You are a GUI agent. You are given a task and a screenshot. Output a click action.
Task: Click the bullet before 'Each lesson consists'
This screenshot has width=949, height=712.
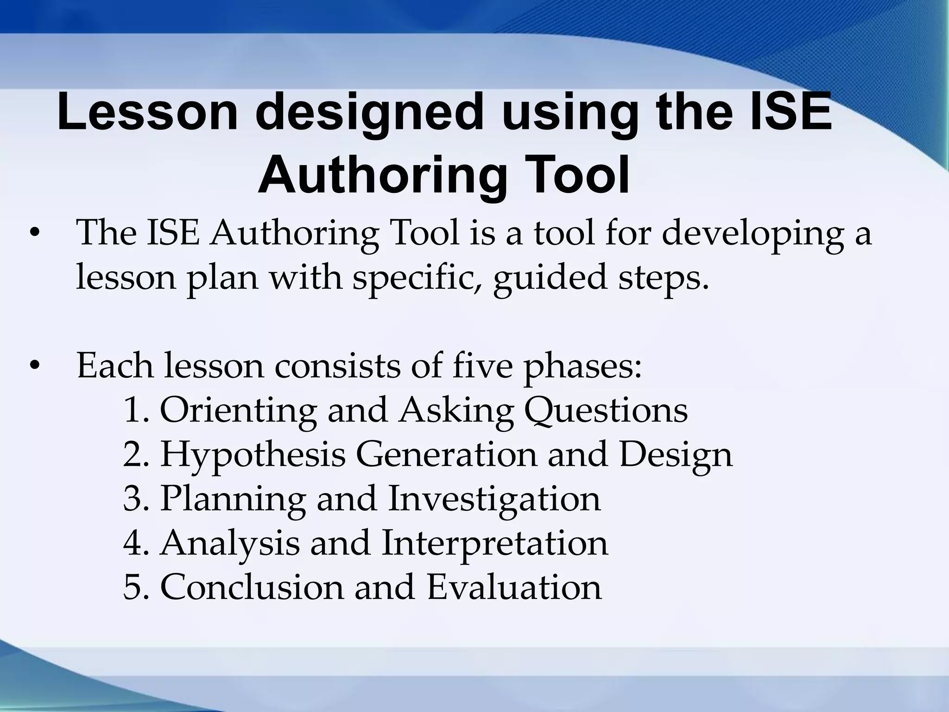pyautogui.click(x=33, y=366)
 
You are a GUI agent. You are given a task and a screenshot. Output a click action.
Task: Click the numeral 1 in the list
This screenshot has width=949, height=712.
pyautogui.click(x=132, y=410)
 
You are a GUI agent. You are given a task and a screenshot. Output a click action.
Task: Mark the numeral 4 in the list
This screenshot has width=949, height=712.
pyautogui.click(x=133, y=543)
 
